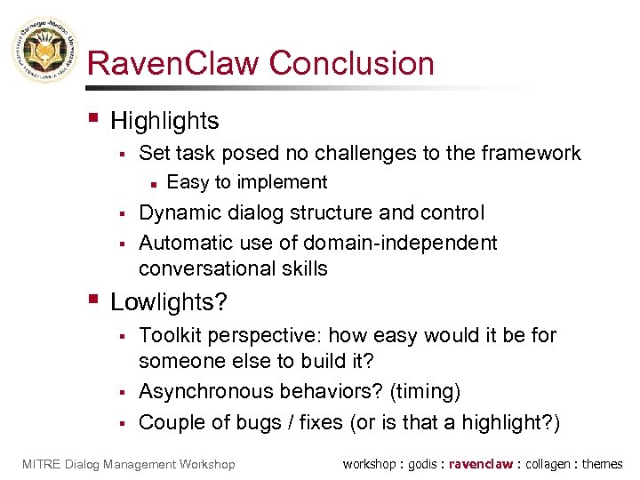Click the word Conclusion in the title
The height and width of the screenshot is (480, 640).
(x=352, y=64)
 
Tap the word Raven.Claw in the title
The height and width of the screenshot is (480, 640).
(x=174, y=64)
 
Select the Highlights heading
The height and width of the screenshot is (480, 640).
(x=164, y=120)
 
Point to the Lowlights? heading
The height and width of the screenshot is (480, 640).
(x=169, y=302)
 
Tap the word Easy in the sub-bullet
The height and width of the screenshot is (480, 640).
(x=186, y=182)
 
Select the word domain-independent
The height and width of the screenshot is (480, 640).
(x=400, y=243)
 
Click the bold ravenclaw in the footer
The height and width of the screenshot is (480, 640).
(x=481, y=464)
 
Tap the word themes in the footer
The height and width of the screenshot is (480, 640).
(x=604, y=464)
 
